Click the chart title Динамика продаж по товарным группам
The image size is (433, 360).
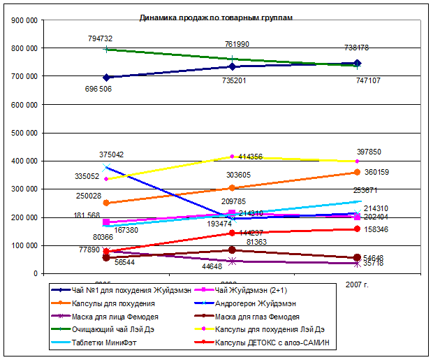pyautogui.click(x=216, y=17)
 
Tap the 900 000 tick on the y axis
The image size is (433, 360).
pyautogui.click(x=24, y=20)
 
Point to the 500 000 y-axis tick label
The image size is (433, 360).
pyautogui.click(x=24, y=133)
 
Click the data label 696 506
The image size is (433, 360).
pyautogui.click(x=98, y=89)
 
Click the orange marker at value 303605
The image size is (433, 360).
pyautogui.click(x=232, y=188)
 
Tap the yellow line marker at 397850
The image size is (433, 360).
pyautogui.click(x=357, y=161)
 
